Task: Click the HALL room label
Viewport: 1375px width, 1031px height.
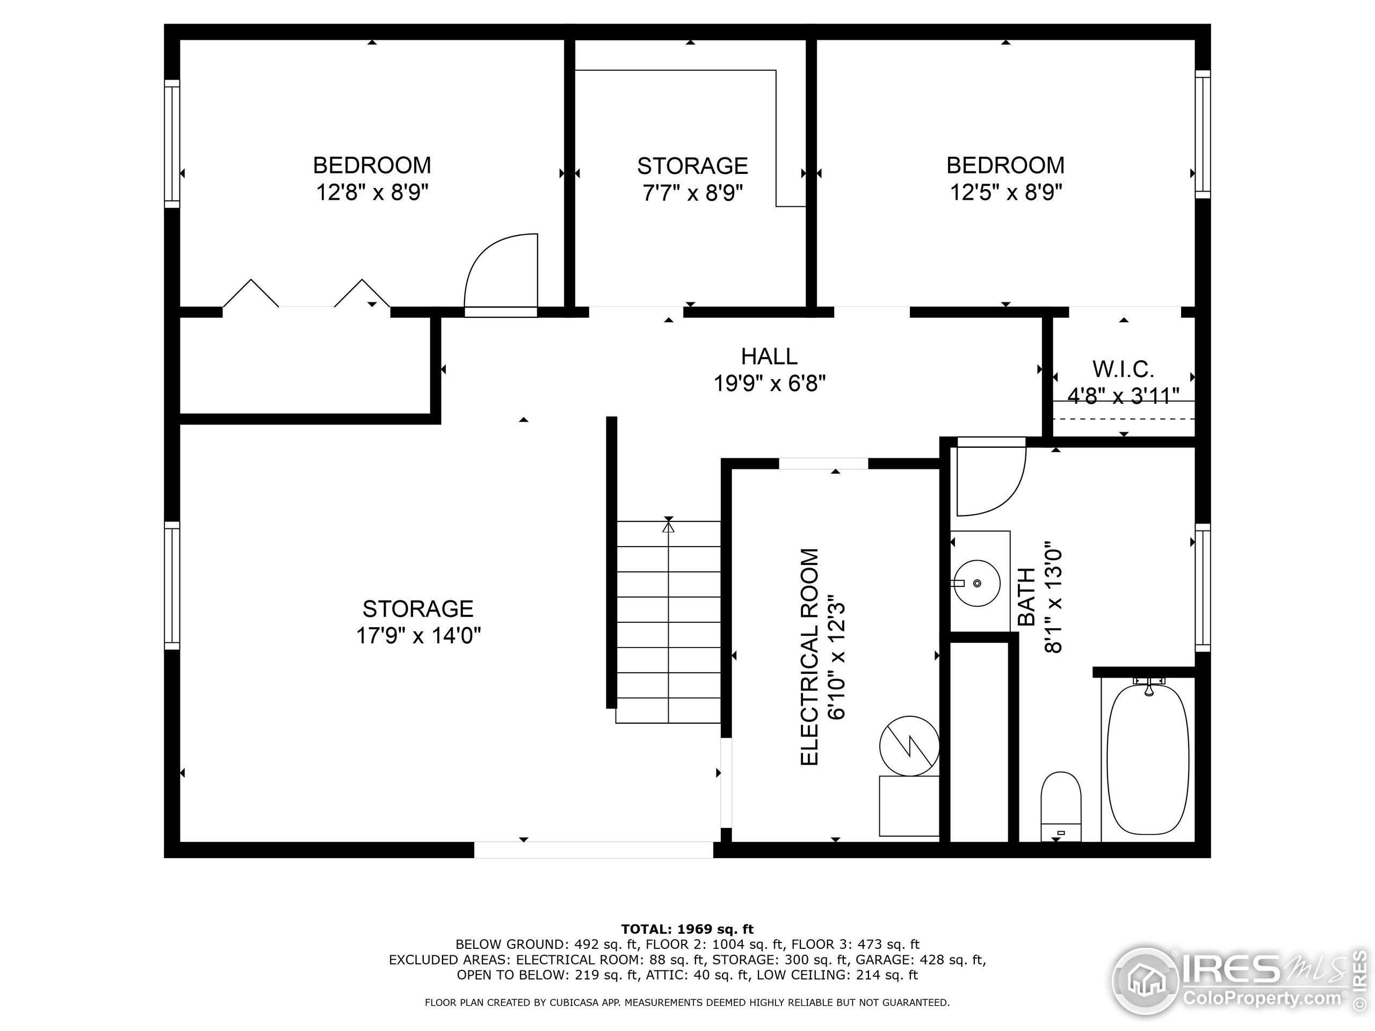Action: (x=769, y=357)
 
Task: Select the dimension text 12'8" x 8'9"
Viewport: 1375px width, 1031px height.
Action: (x=372, y=193)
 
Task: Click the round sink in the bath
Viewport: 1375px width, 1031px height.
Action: (x=977, y=583)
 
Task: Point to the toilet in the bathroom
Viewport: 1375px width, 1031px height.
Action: (x=1061, y=807)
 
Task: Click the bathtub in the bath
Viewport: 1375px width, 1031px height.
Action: (x=1148, y=759)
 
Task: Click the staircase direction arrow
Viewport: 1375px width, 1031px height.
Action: (x=668, y=526)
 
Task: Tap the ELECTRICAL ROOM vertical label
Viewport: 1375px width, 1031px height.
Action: (x=809, y=657)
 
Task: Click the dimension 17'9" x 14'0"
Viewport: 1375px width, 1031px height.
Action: (x=418, y=636)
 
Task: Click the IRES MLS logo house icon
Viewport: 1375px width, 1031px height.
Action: (x=1146, y=982)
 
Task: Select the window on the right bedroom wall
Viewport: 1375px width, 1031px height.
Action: (x=1203, y=134)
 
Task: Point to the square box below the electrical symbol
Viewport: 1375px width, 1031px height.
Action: (x=909, y=806)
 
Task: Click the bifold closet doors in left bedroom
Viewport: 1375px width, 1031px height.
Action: (x=307, y=293)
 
